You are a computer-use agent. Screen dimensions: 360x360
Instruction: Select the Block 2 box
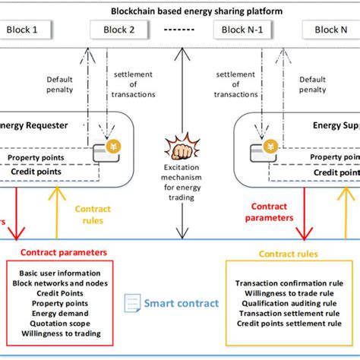119,30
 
